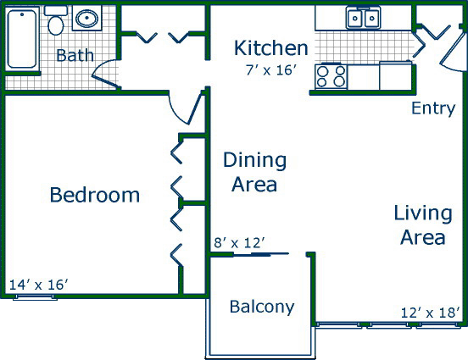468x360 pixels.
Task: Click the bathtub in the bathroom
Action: (22, 39)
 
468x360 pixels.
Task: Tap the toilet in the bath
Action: (56, 21)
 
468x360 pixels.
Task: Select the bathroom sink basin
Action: (86, 18)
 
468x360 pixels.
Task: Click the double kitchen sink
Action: (363, 18)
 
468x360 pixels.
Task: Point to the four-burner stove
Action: (331, 76)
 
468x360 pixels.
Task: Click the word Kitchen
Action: (270, 47)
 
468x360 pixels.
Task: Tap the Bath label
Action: (75, 55)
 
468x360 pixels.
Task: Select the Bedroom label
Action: (95, 195)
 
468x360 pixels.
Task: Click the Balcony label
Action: (262, 307)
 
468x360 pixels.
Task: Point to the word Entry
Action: (433, 108)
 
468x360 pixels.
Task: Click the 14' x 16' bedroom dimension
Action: (39, 285)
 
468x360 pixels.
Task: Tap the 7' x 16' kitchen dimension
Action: (271, 70)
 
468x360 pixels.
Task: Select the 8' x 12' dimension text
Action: (239, 243)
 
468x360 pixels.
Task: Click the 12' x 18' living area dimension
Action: (430, 313)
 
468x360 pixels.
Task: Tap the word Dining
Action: (254, 160)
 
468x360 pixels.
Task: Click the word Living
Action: (423, 213)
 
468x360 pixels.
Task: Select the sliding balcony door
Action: (260, 254)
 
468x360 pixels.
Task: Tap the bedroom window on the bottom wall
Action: (35, 297)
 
